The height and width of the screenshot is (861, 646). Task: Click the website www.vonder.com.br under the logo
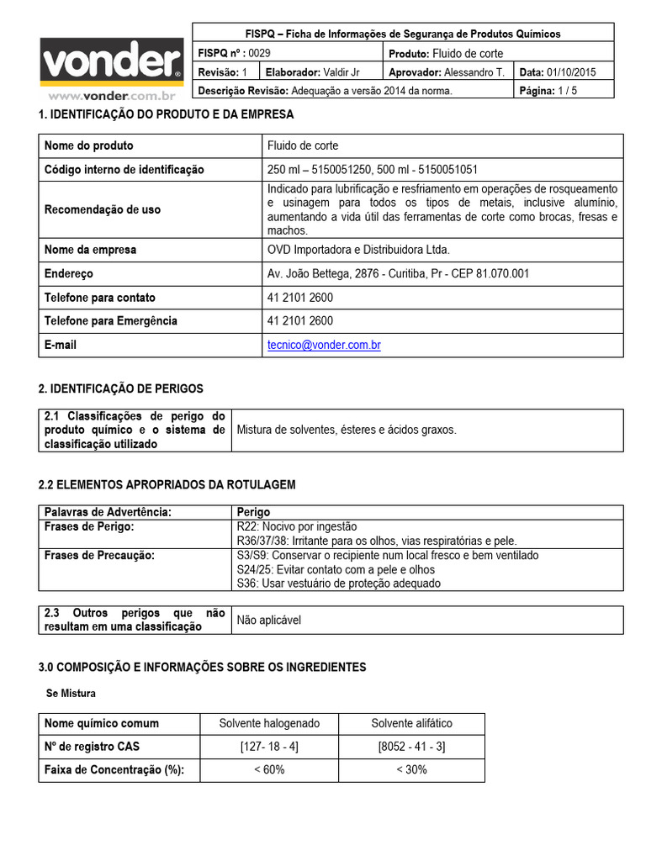(x=111, y=97)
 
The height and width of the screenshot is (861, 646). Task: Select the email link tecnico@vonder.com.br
(x=324, y=345)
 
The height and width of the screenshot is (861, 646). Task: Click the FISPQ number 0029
(x=260, y=54)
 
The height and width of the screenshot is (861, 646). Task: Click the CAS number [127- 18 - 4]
(x=269, y=747)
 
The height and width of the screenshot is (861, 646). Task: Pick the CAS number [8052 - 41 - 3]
(x=411, y=747)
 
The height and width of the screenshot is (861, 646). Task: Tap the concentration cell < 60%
(x=269, y=770)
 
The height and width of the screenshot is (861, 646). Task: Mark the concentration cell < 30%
(x=411, y=770)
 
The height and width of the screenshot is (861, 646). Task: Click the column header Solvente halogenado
(x=269, y=723)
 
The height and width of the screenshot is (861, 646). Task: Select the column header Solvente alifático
(x=411, y=723)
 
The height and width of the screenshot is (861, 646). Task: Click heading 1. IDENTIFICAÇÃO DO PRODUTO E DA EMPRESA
(x=167, y=114)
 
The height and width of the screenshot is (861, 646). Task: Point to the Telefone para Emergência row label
(x=110, y=321)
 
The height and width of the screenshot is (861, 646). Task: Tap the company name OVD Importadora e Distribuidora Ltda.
(x=358, y=250)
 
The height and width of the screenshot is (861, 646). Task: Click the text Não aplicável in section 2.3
(x=269, y=621)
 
